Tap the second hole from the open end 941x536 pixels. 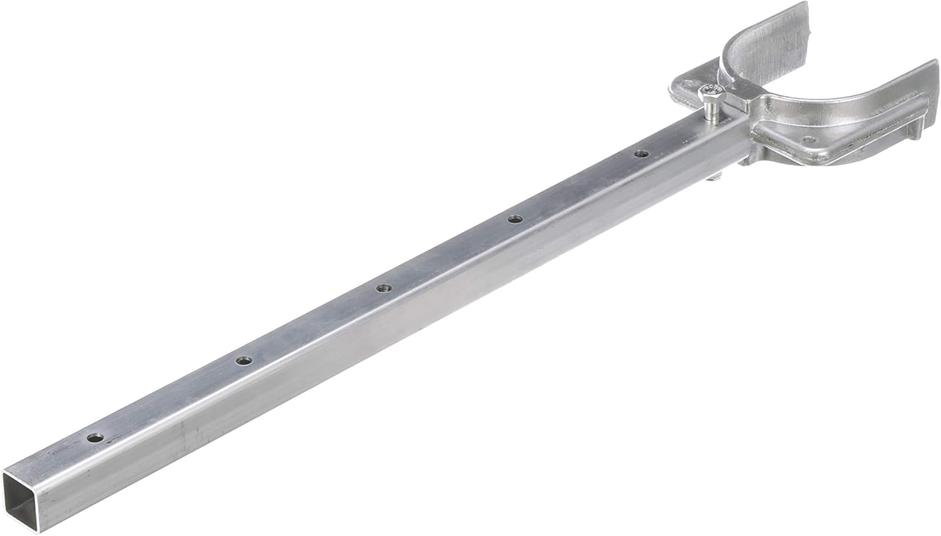(x=243, y=360)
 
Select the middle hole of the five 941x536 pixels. (x=383, y=288)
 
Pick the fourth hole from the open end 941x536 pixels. (x=514, y=219)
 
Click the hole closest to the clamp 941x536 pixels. (x=641, y=153)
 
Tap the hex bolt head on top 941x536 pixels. (x=710, y=92)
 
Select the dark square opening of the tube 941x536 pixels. (x=23, y=493)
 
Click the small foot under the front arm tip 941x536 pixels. (x=919, y=128)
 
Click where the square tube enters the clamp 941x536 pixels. (x=740, y=135)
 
